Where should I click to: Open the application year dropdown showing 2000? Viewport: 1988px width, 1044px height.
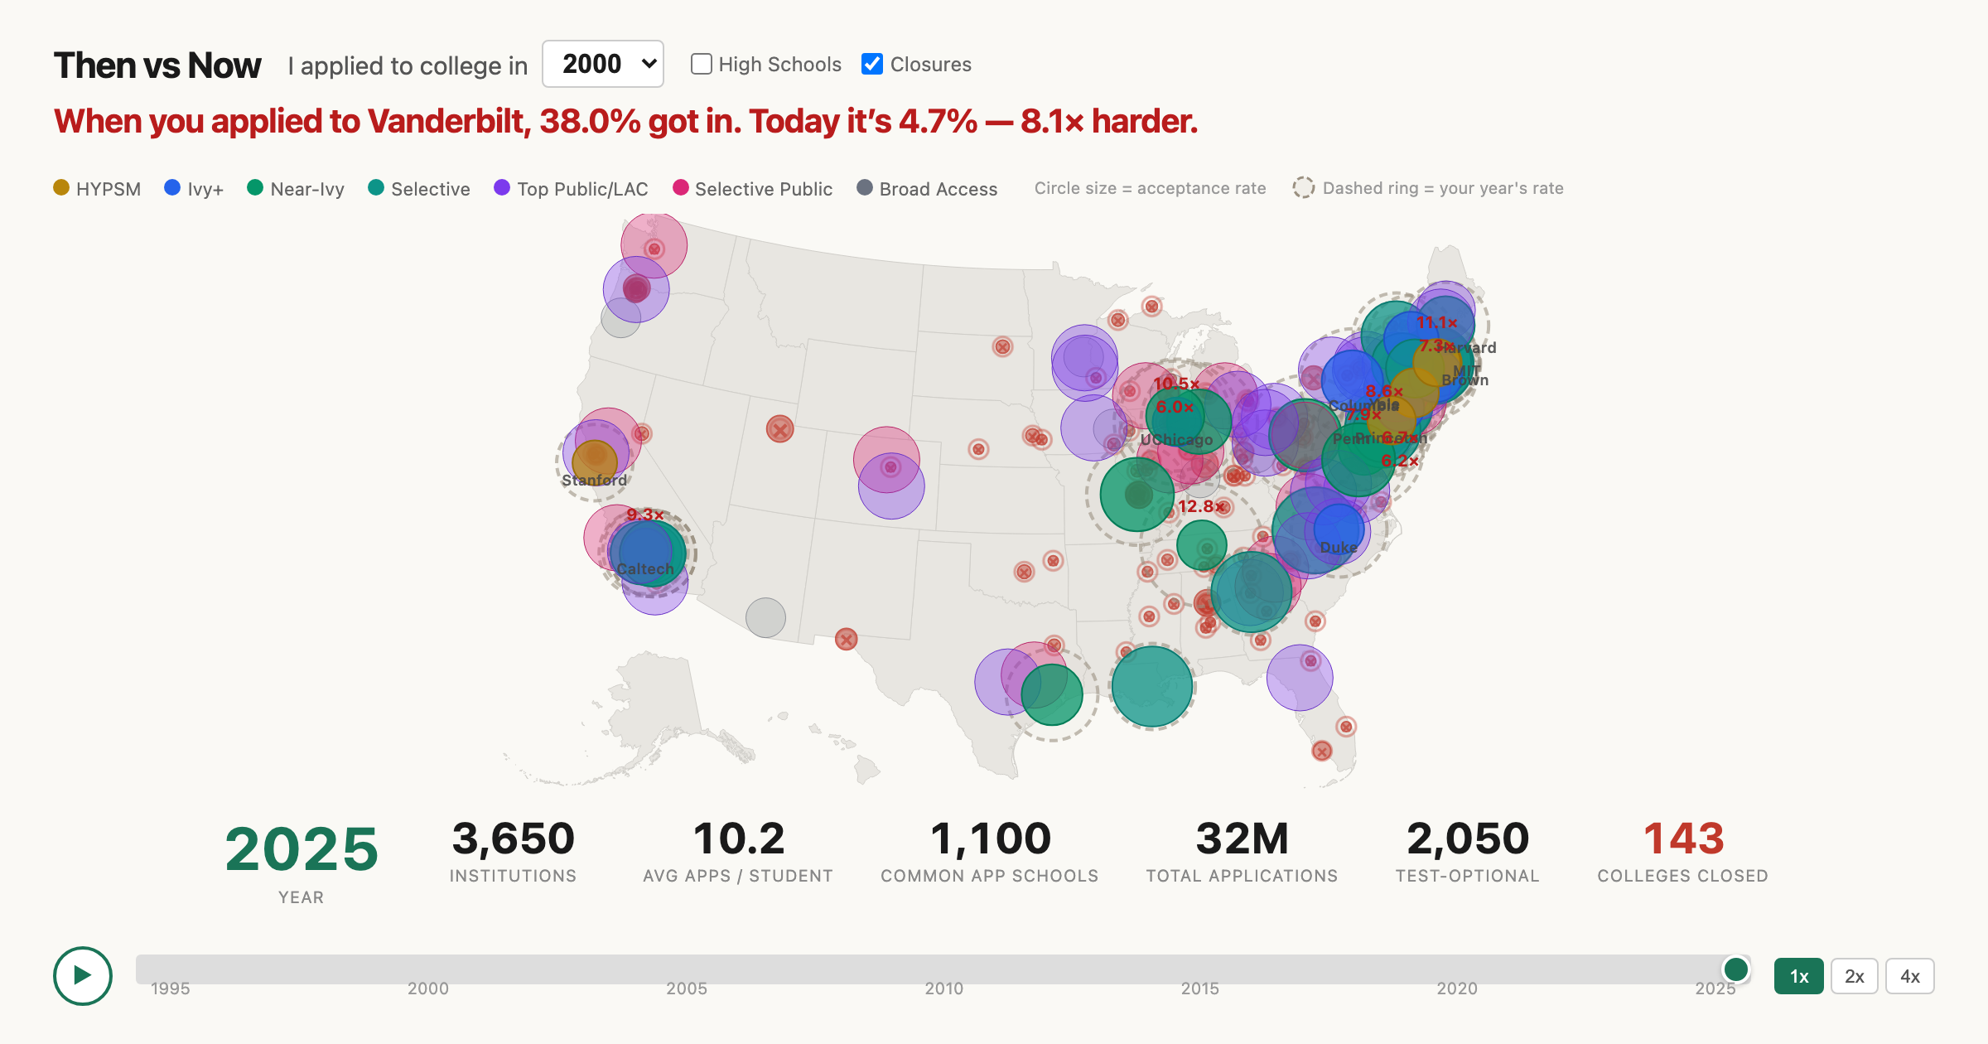pos(602,64)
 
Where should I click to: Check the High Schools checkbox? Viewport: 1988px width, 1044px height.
pos(702,64)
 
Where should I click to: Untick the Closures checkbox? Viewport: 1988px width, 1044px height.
pos(872,64)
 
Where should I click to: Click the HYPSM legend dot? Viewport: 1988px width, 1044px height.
pos(61,187)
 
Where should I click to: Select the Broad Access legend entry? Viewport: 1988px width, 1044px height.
pos(928,189)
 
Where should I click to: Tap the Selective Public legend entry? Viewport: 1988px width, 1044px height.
pos(753,189)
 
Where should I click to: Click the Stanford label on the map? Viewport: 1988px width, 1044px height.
pos(594,480)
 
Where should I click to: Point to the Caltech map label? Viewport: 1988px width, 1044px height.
pos(645,569)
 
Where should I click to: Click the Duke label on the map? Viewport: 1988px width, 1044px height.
pos(1339,548)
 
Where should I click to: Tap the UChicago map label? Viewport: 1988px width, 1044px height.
pos(1176,440)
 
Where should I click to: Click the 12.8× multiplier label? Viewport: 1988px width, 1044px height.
pos(1200,506)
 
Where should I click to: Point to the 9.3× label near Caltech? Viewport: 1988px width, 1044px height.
pos(644,515)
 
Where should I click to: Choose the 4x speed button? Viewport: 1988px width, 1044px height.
pos(1909,976)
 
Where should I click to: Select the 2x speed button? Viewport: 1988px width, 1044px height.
pos(1854,976)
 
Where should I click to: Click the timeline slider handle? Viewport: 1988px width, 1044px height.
pos(1735,969)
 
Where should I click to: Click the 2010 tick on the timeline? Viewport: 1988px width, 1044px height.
pos(943,988)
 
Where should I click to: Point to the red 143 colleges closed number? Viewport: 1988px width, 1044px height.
pos(1683,839)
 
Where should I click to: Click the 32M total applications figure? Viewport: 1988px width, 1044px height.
pos(1242,839)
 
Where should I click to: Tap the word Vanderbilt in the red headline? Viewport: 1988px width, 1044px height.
pos(447,121)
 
